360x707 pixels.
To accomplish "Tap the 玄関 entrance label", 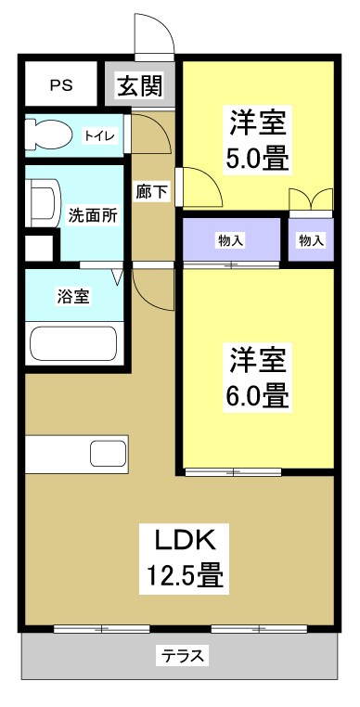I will pyautogui.click(x=140, y=86).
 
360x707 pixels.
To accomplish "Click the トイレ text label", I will pyautogui.click(x=99, y=136).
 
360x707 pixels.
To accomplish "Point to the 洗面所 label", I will pyautogui.click(x=93, y=215).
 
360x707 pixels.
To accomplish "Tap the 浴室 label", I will pyautogui.click(x=72, y=297).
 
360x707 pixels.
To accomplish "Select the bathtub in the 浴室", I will pyautogui.click(x=72, y=341).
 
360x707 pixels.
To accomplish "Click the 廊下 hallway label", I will pyautogui.click(x=149, y=193).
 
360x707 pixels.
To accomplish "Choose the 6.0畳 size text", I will pyautogui.click(x=258, y=396).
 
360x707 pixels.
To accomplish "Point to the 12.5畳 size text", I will pyautogui.click(x=184, y=577).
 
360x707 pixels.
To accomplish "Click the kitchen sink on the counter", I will pyautogui.click(x=108, y=456).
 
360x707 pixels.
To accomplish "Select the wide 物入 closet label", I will pyautogui.click(x=231, y=241).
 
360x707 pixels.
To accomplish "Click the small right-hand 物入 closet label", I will pyautogui.click(x=312, y=241).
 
